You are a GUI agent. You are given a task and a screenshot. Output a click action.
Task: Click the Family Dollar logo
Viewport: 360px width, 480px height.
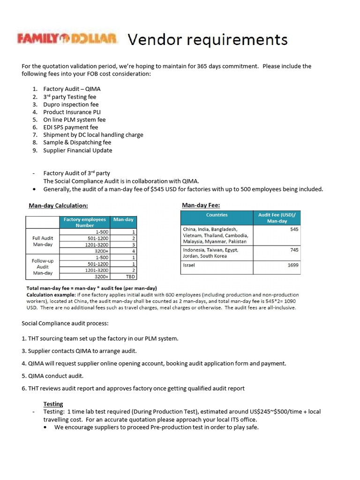point(67,38)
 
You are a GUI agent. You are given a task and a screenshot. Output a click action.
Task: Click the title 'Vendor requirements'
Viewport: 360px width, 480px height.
point(208,39)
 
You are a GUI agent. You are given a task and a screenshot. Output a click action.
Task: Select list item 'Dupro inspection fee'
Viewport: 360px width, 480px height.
point(71,105)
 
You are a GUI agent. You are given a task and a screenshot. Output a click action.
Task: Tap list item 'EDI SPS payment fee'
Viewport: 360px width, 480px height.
point(71,127)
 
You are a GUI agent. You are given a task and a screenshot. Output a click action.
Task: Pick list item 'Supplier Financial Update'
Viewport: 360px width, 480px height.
point(78,150)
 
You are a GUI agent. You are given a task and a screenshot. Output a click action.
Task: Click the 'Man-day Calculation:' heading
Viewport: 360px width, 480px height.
point(58,205)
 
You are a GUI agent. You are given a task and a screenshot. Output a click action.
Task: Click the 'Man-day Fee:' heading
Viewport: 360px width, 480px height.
point(201,205)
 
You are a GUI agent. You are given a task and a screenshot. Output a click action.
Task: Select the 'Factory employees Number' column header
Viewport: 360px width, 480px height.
point(85,222)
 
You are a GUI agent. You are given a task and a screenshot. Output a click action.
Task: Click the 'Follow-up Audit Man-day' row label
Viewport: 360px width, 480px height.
point(42,267)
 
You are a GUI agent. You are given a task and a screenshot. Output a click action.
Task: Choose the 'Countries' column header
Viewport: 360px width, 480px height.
point(217,215)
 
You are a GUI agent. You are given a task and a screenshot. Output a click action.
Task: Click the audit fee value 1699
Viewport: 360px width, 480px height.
point(293,265)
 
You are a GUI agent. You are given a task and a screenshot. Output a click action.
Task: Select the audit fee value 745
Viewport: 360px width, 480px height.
point(294,250)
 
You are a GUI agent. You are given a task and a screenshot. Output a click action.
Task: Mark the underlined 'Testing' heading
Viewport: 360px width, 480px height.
point(53,404)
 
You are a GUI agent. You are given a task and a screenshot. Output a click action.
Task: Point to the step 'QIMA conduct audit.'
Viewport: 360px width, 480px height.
point(49,376)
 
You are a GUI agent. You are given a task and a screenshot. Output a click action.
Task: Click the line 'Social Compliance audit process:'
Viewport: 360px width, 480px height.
point(65,323)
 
